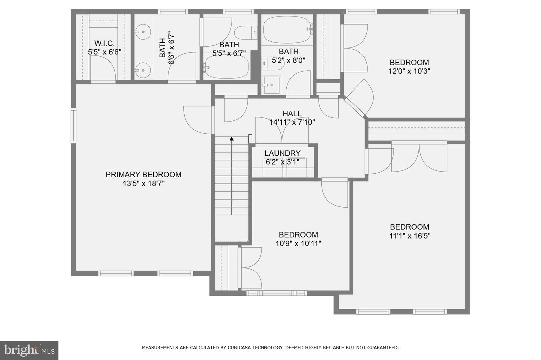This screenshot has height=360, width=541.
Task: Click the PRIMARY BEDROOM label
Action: pos(143,174)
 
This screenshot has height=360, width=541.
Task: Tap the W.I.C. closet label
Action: pos(104,43)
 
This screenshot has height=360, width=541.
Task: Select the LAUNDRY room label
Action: pos(282,153)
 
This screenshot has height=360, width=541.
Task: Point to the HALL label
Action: pos(292,114)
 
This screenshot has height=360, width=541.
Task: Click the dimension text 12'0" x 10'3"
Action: pos(409,71)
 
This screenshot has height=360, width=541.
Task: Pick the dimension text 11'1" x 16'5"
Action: pos(409,236)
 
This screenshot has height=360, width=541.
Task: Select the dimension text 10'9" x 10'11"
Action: pos(298,244)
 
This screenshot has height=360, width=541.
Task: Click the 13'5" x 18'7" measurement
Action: pos(144,184)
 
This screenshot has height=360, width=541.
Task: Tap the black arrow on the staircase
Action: pos(232,138)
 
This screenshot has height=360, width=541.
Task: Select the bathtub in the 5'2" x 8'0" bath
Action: pos(287,30)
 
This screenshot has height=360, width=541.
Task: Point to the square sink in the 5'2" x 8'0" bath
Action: pos(272,85)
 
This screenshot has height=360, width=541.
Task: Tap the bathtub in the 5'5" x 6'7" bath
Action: pos(226,67)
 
